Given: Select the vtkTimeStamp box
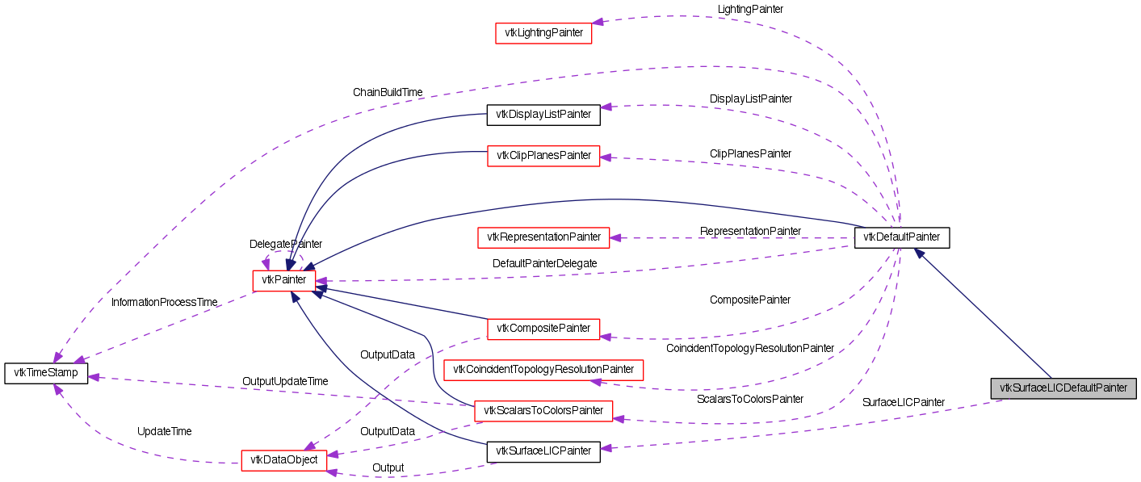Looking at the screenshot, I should [45, 373].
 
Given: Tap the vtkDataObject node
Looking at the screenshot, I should [283, 460].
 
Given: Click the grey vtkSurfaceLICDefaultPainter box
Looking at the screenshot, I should [1063, 388].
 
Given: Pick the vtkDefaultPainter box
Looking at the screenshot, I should [901, 237].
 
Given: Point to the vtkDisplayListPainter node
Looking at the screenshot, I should [543, 115].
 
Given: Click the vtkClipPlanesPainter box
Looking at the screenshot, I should [543, 155].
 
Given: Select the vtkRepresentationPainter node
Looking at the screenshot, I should [543, 237].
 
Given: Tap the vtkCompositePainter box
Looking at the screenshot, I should [543, 329].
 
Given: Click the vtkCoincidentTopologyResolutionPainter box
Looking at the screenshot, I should [543, 370].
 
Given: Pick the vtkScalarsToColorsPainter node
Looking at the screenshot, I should [543, 410].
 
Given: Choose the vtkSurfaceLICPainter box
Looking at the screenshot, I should [543, 451].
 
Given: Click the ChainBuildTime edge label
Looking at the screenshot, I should [388, 92].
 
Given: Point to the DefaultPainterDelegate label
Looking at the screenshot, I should [544, 263].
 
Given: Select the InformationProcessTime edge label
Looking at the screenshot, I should [164, 302].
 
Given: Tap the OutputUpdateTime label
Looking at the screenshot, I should [285, 380].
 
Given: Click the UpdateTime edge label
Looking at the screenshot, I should [164, 431].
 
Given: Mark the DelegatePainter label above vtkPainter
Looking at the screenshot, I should [285, 244].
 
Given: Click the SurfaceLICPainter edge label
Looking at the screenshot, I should [903, 402].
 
